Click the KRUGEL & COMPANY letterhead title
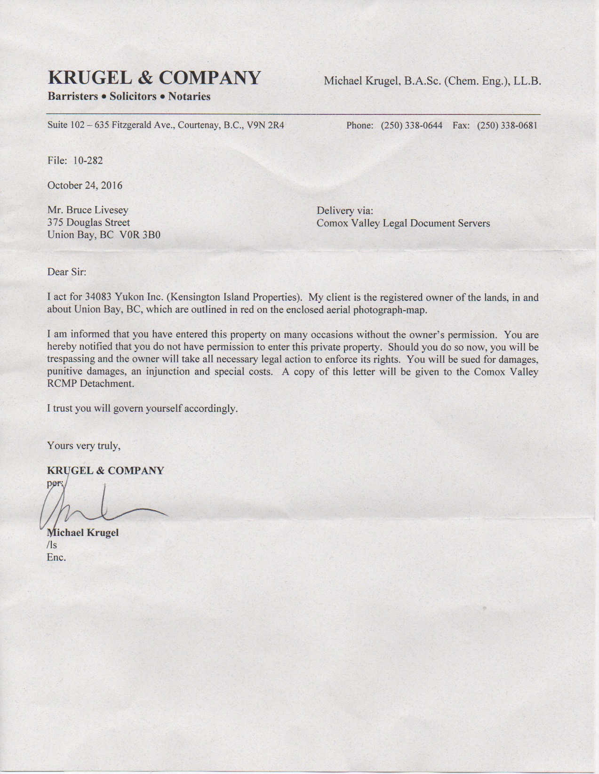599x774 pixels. (x=154, y=78)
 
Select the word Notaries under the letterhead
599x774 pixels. (x=189, y=96)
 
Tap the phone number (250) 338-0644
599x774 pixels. (x=411, y=126)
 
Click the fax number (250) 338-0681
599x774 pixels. (x=507, y=126)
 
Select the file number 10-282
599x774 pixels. (x=88, y=160)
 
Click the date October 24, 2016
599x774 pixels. (x=85, y=185)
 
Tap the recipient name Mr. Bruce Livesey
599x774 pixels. (x=88, y=210)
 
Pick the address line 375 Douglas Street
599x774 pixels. (x=88, y=222)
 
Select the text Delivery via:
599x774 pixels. (x=345, y=210)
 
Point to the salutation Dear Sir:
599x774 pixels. (x=67, y=272)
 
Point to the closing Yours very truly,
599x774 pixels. (x=84, y=445)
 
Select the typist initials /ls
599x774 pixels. (x=52, y=545)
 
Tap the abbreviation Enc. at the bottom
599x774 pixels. (x=56, y=558)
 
